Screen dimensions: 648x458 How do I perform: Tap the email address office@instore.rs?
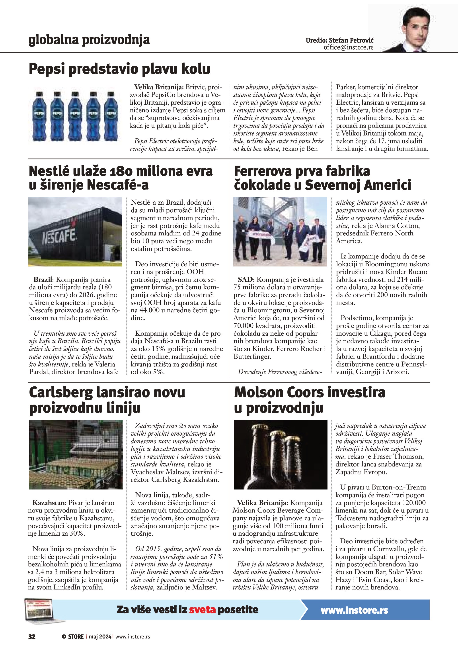pyautogui.click(x=348, y=47)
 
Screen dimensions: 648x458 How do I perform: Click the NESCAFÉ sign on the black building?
pyautogui.click(x=59, y=235)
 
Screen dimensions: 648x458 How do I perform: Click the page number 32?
pyautogui.click(x=32, y=636)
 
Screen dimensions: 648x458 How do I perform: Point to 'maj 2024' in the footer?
pyautogui.click(x=100, y=636)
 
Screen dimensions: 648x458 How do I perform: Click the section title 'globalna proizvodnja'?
pyautogui.click(x=89, y=40)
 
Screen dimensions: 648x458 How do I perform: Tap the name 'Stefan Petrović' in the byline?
pyautogui.click(x=351, y=40)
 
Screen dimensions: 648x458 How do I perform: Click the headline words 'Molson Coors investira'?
pyautogui.click(x=309, y=393)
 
